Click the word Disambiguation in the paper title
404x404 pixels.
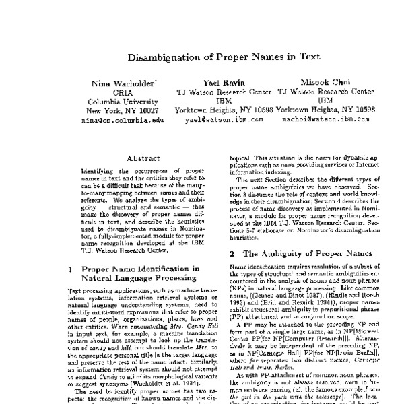pyautogui.click(x=159, y=58)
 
